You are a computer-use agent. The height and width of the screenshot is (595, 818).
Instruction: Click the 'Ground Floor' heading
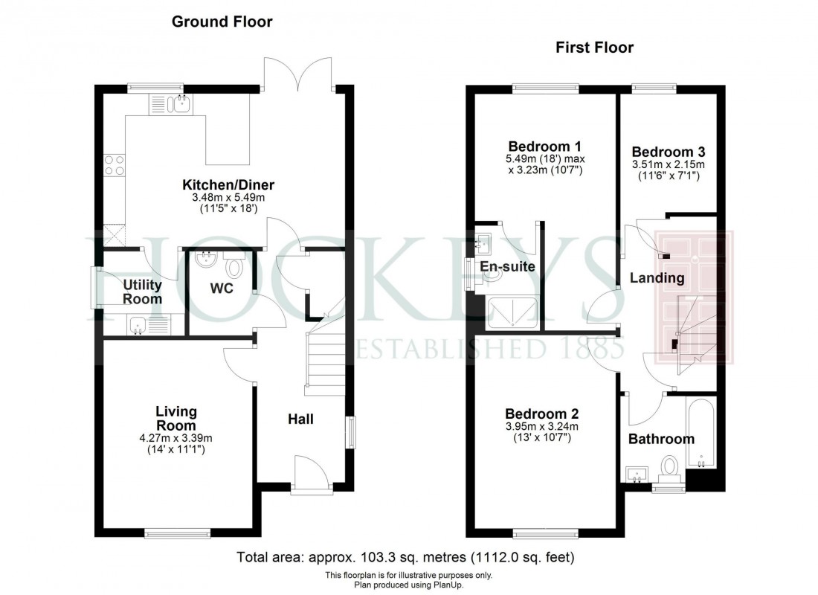[222, 22]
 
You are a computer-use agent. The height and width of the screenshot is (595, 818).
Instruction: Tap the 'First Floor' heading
[594, 48]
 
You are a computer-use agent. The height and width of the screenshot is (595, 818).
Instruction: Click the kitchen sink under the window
[179, 104]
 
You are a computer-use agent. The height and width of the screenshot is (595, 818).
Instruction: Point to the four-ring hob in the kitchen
[114, 164]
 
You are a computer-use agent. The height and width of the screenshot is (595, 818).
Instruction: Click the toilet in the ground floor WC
[235, 266]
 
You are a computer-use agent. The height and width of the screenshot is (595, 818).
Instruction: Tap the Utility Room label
[143, 292]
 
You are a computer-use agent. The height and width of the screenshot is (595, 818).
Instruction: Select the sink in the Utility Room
[137, 325]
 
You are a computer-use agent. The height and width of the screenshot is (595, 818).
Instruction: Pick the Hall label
[300, 419]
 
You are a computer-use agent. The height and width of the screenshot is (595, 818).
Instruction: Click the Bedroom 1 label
[534, 146]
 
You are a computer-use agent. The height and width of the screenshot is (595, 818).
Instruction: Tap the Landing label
[657, 278]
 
